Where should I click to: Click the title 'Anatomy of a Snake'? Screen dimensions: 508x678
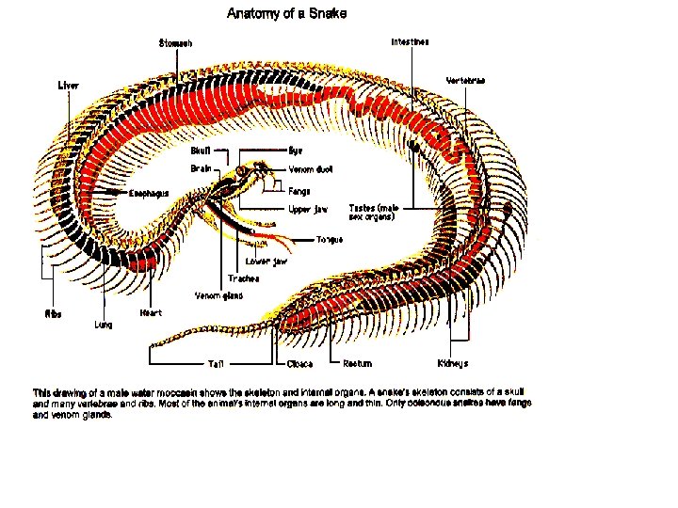point(286,13)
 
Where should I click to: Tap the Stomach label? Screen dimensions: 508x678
point(175,43)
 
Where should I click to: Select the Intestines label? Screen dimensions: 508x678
point(411,42)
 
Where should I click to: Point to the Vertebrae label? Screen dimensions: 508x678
point(465,81)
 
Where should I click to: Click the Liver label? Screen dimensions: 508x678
point(69,86)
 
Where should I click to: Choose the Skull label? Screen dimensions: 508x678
point(201,150)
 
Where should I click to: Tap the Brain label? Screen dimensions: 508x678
point(201,169)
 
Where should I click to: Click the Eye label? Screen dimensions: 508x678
point(295,150)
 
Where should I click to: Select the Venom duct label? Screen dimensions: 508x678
point(310,169)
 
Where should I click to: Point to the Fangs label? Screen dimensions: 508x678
point(299,191)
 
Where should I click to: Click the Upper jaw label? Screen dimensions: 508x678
point(307,209)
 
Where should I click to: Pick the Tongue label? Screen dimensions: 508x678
point(330,239)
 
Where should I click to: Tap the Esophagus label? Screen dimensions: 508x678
point(149,193)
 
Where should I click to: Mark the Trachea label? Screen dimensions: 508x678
point(243,278)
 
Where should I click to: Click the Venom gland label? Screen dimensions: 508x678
point(218,295)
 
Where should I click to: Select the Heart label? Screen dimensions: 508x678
point(151,312)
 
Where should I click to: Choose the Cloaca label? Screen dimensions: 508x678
point(300,364)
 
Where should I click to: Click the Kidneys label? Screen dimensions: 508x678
point(453,363)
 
